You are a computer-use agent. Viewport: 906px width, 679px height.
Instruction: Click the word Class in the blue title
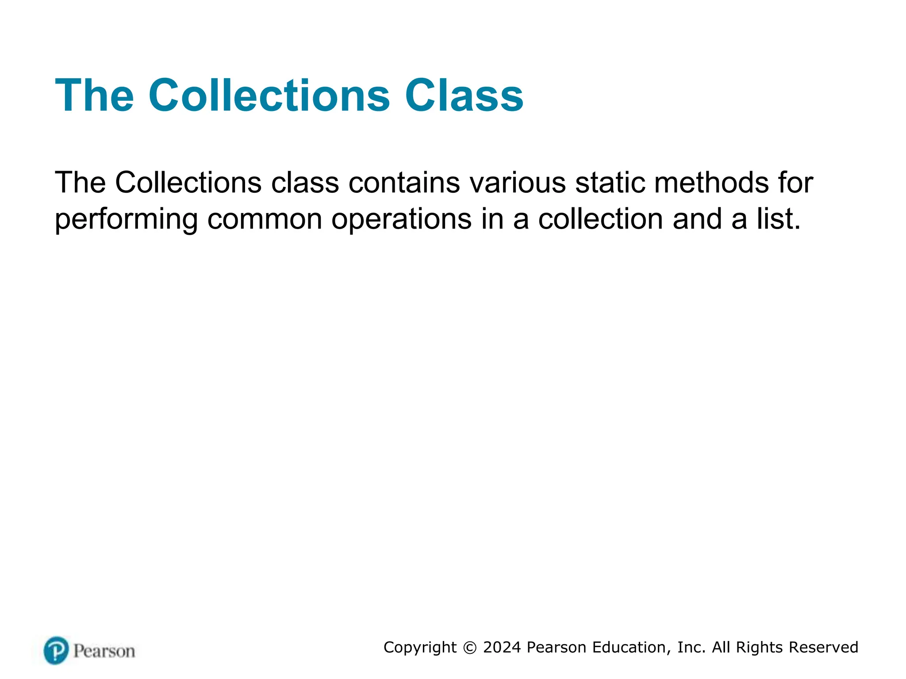tap(464, 95)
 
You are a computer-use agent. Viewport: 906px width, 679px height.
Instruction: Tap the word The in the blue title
tap(94, 95)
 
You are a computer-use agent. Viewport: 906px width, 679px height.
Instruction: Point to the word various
tap(517, 182)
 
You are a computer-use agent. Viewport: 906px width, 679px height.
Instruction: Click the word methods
tap(711, 182)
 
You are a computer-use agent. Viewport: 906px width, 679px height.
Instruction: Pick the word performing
tap(126, 219)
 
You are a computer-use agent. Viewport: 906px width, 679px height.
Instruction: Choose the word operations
tap(401, 219)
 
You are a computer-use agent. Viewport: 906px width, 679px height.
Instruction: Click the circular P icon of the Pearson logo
tap(56, 650)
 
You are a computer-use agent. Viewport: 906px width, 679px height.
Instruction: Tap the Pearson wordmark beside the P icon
tap(104, 651)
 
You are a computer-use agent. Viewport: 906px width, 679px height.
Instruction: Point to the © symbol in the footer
tap(470, 648)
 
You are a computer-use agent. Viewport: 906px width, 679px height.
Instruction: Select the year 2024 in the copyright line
tap(502, 647)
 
